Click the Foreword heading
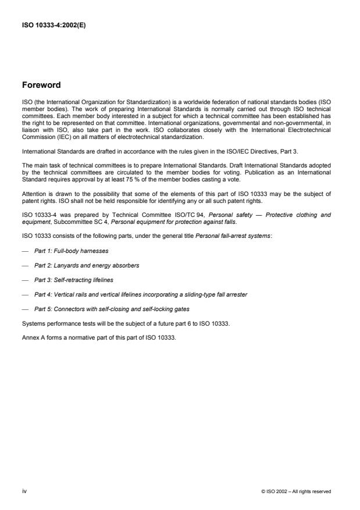click(x=41, y=85)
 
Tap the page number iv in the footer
click(x=24, y=491)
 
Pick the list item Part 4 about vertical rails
click(x=141, y=294)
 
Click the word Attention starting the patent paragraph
click(x=32, y=194)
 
